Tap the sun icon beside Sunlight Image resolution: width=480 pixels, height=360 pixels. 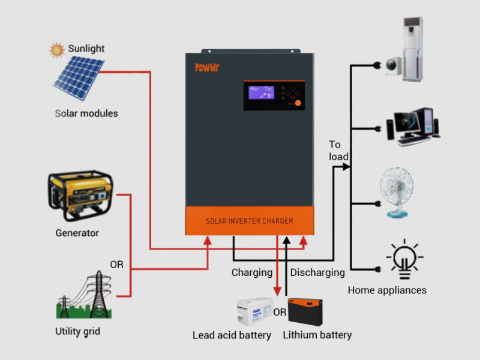(x=57, y=49)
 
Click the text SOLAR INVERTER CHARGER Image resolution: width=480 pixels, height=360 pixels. (x=249, y=221)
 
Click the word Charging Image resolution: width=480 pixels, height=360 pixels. (x=252, y=272)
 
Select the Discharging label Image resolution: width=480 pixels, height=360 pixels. (x=317, y=272)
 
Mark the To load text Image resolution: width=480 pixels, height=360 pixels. (x=338, y=151)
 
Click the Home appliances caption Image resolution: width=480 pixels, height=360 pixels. (x=387, y=290)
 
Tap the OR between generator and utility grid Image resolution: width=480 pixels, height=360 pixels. (x=116, y=264)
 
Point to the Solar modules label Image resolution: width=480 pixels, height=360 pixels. (x=86, y=113)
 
